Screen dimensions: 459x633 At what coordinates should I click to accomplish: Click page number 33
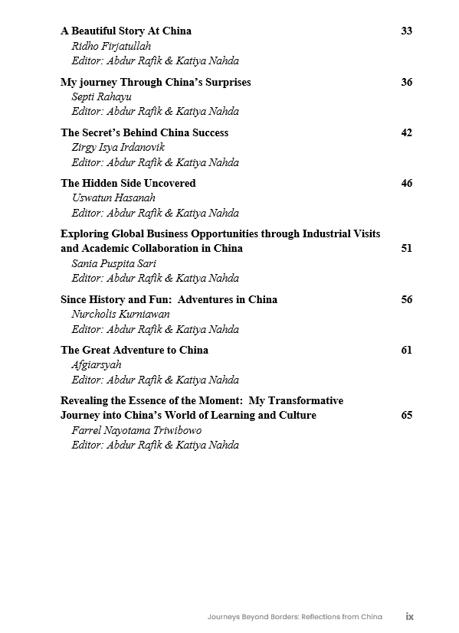click(406, 31)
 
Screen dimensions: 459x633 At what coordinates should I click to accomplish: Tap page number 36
click(406, 82)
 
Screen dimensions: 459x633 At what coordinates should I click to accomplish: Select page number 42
click(406, 132)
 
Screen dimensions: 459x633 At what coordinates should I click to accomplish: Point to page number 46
click(406, 183)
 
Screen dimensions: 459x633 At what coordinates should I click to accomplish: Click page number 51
click(406, 248)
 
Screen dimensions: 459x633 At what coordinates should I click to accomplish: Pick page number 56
click(406, 299)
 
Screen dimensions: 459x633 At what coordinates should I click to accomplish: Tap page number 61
click(406, 350)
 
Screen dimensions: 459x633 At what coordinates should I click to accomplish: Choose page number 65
click(406, 415)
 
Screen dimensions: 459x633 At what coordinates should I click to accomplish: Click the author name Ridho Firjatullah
click(111, 46)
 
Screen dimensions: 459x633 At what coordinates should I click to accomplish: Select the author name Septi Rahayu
click(101, 96)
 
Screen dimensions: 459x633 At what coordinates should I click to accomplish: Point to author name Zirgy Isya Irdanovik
click(118, 147)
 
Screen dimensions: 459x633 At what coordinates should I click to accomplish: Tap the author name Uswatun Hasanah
click(113, 197)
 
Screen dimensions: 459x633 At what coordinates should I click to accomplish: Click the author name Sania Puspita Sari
click(113, 263)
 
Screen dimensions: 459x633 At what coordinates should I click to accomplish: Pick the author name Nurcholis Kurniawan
click(120, 314)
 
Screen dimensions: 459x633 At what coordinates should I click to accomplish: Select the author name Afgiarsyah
click(97, 364)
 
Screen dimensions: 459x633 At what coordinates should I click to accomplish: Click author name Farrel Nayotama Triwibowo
click(136, 430)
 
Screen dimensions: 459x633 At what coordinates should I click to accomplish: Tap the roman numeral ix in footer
click(410, 616)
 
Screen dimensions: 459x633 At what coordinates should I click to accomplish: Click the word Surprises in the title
click(225, 82)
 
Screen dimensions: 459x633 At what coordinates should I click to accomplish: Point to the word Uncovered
click(169, 183)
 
